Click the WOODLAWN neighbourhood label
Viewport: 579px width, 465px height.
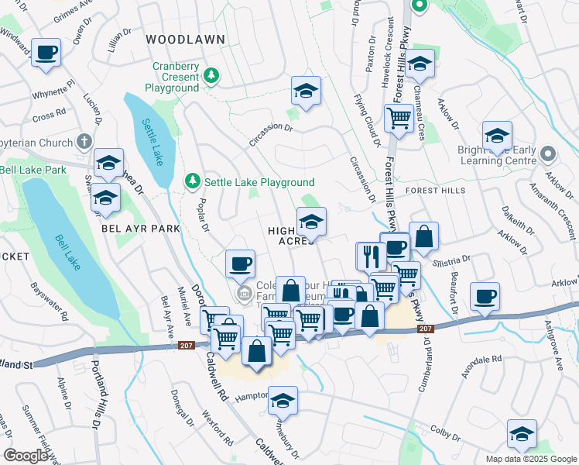[185, 39]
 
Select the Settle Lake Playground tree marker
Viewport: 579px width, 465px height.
[192, 181]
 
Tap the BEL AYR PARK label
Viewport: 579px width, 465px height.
[140, 229]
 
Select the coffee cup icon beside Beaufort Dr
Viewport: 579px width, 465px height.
[485, 296]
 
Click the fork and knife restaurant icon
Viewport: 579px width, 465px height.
[371, 256]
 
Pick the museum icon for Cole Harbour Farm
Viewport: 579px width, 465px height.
[245, 293]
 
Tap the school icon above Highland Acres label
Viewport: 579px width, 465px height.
[311, 222]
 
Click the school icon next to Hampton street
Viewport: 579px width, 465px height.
[283, 401]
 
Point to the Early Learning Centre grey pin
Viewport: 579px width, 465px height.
[548, 154]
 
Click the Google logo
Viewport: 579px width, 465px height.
[27, 455]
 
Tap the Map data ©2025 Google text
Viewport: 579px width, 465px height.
[530, 458]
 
